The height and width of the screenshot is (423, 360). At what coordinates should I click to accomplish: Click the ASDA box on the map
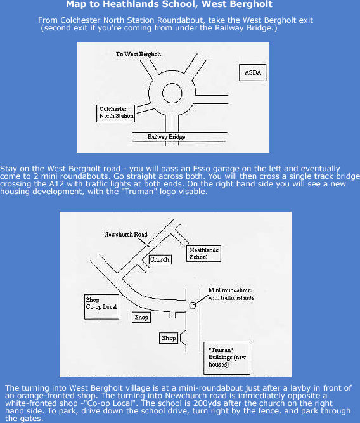[x=252, y=72]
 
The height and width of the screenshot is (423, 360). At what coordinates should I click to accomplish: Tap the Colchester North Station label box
[x=116, y=114]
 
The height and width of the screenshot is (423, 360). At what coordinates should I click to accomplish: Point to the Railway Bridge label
[x=167, y=137]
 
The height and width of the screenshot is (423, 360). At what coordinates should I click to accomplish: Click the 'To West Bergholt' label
[x=138, y=54]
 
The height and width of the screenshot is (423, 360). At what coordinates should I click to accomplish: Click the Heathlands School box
[x=204, y=254]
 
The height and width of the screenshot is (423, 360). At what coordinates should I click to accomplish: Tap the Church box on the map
[x=160, y=259]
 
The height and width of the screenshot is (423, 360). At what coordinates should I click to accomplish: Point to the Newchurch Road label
[x=125, y=234]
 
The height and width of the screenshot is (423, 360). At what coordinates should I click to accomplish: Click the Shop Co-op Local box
[x=101, y=307]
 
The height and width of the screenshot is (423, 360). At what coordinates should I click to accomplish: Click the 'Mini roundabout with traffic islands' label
[x=231, y=294]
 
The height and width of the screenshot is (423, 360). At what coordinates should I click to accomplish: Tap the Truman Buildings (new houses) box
[x=227, y=358]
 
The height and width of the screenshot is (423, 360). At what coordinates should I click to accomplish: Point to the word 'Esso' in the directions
[x=202, y=169]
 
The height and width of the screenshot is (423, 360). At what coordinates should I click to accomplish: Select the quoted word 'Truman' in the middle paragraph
[x=141, y=192]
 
